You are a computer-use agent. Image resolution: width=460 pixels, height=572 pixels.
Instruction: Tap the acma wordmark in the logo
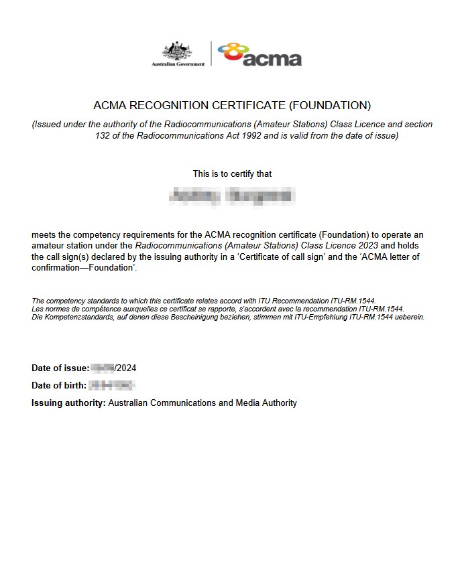(272, 59)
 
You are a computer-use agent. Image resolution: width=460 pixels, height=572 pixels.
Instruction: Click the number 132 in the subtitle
(103, 135)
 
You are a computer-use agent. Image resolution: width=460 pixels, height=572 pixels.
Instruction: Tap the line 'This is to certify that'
(232, 173)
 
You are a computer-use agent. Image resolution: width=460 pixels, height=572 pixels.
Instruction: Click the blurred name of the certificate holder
(232, 196)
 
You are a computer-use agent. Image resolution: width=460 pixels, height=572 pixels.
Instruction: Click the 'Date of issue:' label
(60, 368)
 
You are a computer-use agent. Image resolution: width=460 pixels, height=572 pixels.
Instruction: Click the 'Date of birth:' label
(59, 385)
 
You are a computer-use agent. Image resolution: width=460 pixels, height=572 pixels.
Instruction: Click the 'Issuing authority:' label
(68, 403)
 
